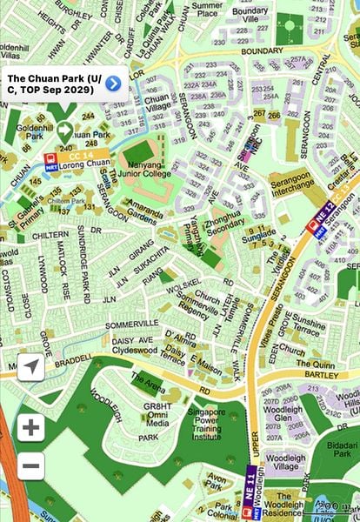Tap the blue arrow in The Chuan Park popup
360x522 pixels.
pyautogui.click(x=113, y=84)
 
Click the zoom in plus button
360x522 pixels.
pyautogui.click(x=30, y=427)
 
